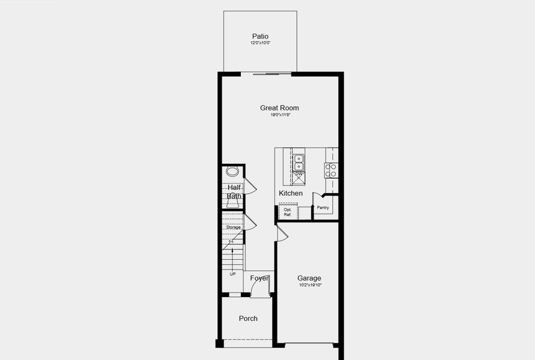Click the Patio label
coord(261,37)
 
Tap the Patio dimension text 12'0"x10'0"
coord(261,43)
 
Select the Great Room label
coord(279,108)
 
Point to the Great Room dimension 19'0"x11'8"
coord(279,115)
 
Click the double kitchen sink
coord(298,162)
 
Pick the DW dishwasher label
coord(298,174)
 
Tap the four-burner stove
coord(331,170)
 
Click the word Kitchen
coord(291,193)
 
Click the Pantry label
coord(323,208)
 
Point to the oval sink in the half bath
coord(233,172)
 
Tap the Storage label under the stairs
coord(234,227)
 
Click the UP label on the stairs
coord(232,274)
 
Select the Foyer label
coord(259,278)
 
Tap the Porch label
coord(248,319)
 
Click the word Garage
coord(309,278)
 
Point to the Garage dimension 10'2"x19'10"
coord(309,285)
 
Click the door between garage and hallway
coord(282,233)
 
